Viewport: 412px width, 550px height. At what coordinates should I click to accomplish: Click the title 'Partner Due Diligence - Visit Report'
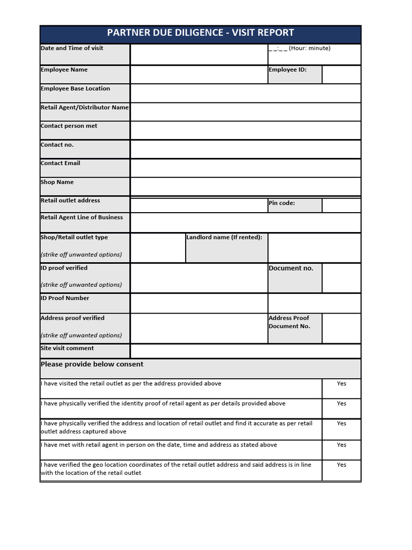200,33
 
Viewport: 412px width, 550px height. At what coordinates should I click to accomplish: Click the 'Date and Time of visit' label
72,48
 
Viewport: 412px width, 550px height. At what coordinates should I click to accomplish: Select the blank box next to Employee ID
341,75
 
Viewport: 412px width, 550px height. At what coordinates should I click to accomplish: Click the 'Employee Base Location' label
75,89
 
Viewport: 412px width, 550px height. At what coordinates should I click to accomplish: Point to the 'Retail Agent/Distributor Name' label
85,107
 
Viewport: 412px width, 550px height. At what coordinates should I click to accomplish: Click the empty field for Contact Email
245,168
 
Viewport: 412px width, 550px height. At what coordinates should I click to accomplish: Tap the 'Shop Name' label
57,182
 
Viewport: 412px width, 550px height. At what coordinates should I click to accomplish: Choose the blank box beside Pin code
341,205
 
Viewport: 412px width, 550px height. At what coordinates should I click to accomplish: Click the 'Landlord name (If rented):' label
224,237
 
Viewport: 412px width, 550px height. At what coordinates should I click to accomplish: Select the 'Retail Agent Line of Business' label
82,218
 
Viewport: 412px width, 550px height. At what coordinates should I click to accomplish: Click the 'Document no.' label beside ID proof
291,268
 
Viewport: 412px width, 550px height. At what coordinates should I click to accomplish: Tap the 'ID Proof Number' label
65,298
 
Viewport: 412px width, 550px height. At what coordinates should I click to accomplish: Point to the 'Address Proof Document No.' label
290,322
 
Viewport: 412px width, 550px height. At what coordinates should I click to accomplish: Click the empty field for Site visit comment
245,351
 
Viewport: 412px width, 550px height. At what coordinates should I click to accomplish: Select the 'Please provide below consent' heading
92,364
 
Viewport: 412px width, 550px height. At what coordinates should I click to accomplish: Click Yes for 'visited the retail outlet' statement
341,383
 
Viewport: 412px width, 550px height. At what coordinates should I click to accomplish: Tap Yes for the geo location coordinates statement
341,465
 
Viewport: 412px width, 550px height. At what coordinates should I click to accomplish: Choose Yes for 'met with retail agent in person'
341,445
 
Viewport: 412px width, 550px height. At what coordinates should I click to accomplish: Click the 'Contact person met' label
69,126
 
